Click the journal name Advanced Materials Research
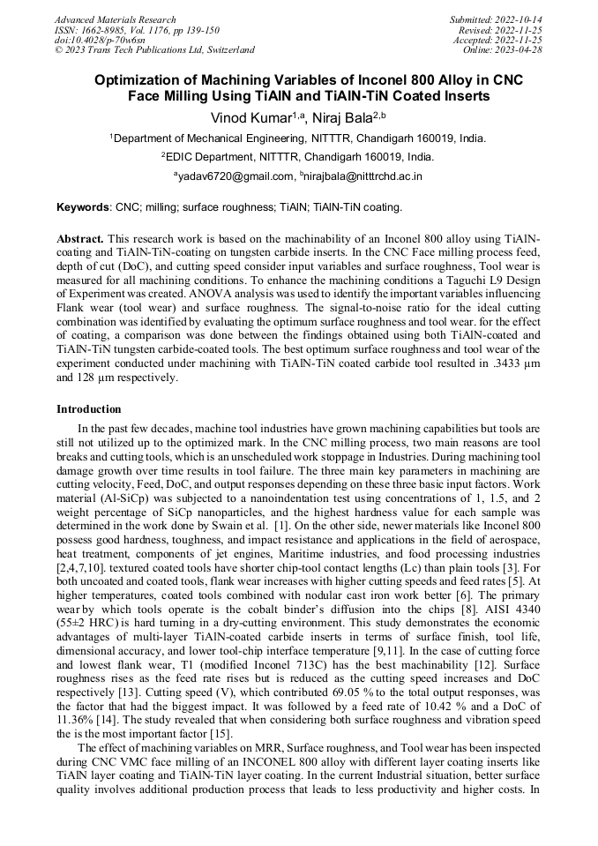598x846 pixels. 116,19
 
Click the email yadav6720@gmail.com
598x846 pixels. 236,176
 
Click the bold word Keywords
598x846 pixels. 83,208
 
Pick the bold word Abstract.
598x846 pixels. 80,239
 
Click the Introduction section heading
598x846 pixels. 89,409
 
